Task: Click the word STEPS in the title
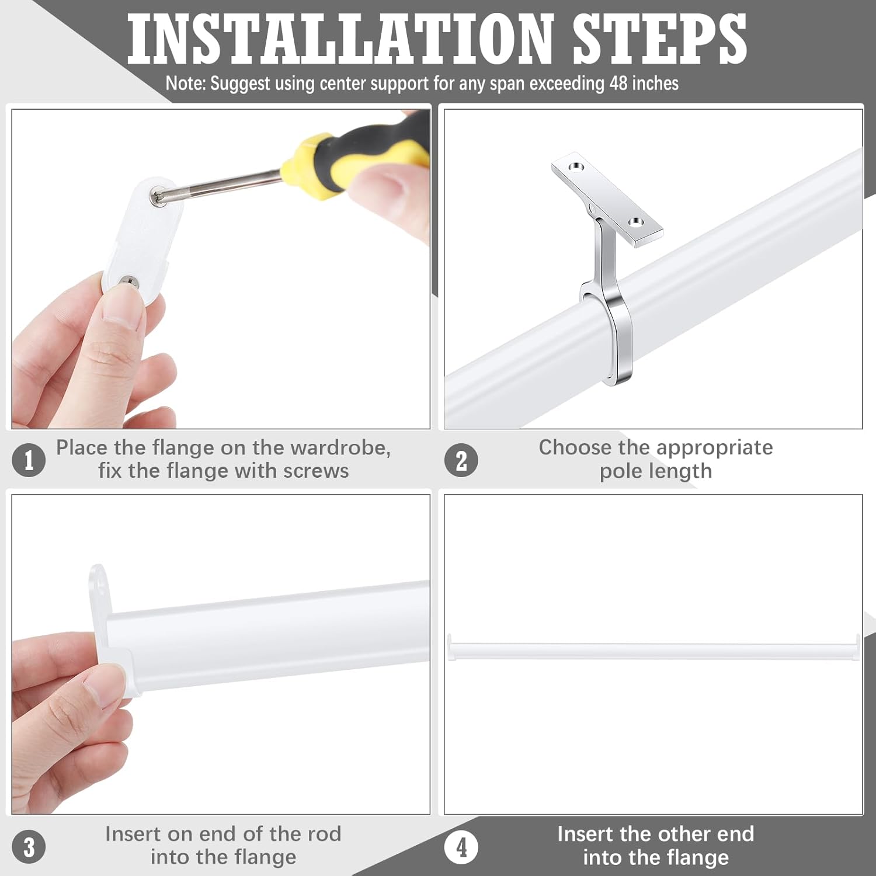click(x=659, y=40)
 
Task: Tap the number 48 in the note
click(x=618, y=84)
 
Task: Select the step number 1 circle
click(x=29, y=460)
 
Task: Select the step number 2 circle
click(x=461, y=460)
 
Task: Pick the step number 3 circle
click(x=29, y=847)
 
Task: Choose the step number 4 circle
click(x=461, y=847)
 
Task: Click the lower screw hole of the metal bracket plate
click(x=635, y=222)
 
